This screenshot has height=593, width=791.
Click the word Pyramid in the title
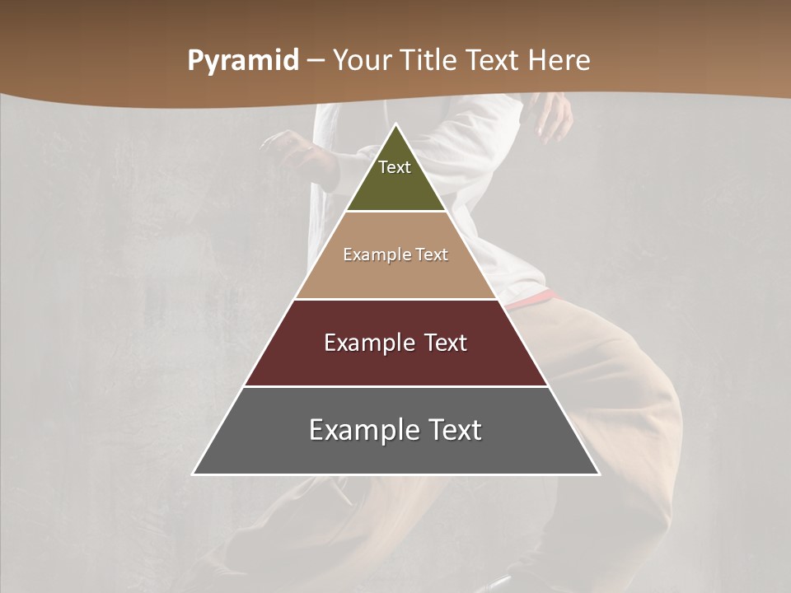[x=243, y=61]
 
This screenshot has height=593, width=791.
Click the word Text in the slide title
[x=494, y=60]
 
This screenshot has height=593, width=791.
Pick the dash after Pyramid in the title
[x=316, y=61]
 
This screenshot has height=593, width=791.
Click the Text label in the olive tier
[x=395, y=167]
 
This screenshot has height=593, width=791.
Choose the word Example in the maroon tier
[x=365, y=343]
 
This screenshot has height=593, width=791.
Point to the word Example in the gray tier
[x=358, y=430]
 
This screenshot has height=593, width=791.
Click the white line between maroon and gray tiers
[x=396, y=386]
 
